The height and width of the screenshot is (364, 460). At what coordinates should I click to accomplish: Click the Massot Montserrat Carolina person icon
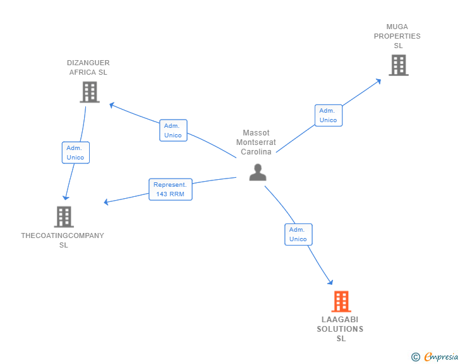(x=258, y=172)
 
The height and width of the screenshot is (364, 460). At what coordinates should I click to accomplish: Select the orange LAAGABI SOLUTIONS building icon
(x=341, y=301)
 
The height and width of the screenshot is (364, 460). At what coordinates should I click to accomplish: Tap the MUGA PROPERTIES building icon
(x=398, y=65)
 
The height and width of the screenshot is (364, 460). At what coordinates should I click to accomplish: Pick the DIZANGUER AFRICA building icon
(x=90, y=92)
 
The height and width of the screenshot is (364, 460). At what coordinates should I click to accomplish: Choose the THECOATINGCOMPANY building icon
(x=63, y=217)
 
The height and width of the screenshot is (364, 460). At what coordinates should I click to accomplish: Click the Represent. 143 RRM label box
(x=171, y=189)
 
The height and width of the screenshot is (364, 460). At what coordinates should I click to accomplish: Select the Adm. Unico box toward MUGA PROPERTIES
(x=328, y=115)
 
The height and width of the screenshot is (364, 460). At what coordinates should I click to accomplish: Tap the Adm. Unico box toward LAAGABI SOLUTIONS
(x=298, y=234)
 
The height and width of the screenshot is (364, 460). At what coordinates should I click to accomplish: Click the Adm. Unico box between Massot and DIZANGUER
(x=173, y=130)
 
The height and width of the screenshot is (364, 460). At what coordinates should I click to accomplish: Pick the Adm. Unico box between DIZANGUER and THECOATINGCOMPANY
(x=75, y=153)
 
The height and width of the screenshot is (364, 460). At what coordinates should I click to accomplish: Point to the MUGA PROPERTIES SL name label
(x=397, y=36)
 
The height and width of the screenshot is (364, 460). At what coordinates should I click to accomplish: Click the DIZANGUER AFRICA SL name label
(x=88, y=67)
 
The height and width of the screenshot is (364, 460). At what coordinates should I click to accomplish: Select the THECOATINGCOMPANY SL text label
(x=63, y=240)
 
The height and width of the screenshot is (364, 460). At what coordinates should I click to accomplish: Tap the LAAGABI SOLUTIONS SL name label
(x=341, y=329)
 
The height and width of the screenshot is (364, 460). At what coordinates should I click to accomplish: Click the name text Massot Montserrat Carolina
(x=256, y=142)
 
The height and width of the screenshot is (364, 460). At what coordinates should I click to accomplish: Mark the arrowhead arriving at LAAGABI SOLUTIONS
(x=330, y=282)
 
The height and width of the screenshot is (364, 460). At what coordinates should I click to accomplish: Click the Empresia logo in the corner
(x=441, y=357)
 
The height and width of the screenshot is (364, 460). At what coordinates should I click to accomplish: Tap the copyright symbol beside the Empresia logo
(x=416, y=357)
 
